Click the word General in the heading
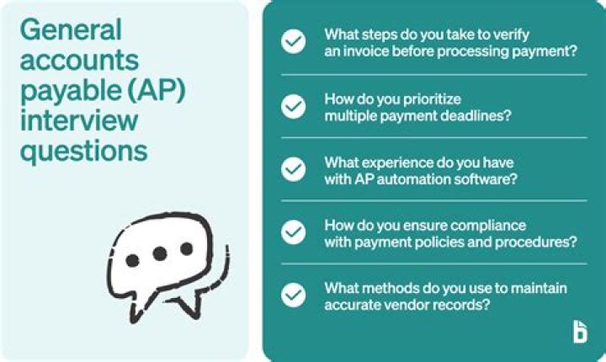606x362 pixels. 71,30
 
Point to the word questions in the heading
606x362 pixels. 83,152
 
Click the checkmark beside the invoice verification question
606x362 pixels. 293,42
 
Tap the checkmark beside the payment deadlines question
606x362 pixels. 293,106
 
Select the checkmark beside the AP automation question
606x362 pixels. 293,169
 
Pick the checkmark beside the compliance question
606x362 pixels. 293,232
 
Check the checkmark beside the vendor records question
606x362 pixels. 293,295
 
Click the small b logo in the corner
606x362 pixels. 579,333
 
